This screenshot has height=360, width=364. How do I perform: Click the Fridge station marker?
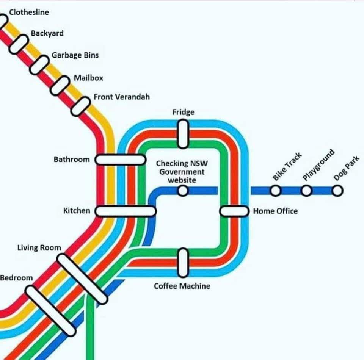coord(183,134)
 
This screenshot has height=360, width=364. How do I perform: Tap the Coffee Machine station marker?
coord(183,262)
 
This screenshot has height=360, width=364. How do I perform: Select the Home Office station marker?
coord(234,211)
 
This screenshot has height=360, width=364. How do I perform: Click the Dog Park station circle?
coord(337,190)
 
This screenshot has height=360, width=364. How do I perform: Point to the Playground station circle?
coord(306,190)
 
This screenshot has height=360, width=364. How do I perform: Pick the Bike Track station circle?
coord(276,190)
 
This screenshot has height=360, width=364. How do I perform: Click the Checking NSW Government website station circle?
coord(183,191)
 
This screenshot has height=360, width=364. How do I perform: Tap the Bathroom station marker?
coord(120,160)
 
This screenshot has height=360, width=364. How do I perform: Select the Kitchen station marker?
coord(126,211)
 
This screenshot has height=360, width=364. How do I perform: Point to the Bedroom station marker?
coord(50,311)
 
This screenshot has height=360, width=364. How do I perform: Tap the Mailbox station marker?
coord(60,86)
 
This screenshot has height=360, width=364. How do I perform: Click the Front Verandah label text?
coord(121,97)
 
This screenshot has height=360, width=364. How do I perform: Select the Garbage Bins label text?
coord(75,55)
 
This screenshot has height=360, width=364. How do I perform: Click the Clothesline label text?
coord(29,12)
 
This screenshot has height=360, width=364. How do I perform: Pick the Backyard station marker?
coord(19,44)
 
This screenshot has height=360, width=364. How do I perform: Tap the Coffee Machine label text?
coord(182,286)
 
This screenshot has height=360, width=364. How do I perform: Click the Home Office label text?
coord(275,211)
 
